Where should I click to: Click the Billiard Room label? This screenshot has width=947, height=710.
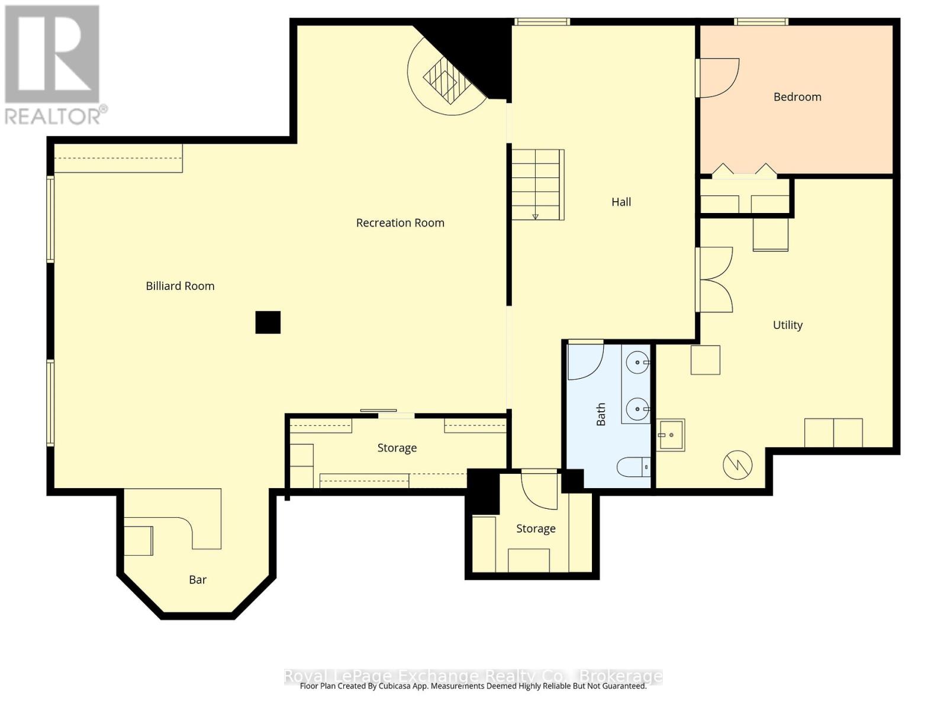click(x=180, y=286)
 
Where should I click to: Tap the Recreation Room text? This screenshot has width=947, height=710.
click(x=400, y=223)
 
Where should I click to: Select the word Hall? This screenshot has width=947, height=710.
click(x=621, y=202)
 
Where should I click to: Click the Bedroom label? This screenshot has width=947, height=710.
click(x=797, y=97)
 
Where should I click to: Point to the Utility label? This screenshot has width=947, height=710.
click(x=787, y=325)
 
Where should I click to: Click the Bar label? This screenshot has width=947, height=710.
click(x=198, y=580)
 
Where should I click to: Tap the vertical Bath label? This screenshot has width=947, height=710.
click(x=601, y=414)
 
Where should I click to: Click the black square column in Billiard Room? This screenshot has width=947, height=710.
click(x=268, y=322)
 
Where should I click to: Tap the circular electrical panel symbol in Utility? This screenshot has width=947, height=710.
click(x=737, y=465)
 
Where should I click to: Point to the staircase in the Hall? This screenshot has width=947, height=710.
click(x=537, y=185)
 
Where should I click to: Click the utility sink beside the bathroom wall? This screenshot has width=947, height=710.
click(x=671, y=435)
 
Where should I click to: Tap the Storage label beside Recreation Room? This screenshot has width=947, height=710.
click(x=397, y=448)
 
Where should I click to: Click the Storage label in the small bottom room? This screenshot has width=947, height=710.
click(x=536, y=529)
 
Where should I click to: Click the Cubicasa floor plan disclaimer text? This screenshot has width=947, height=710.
click(x=473, y=686)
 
